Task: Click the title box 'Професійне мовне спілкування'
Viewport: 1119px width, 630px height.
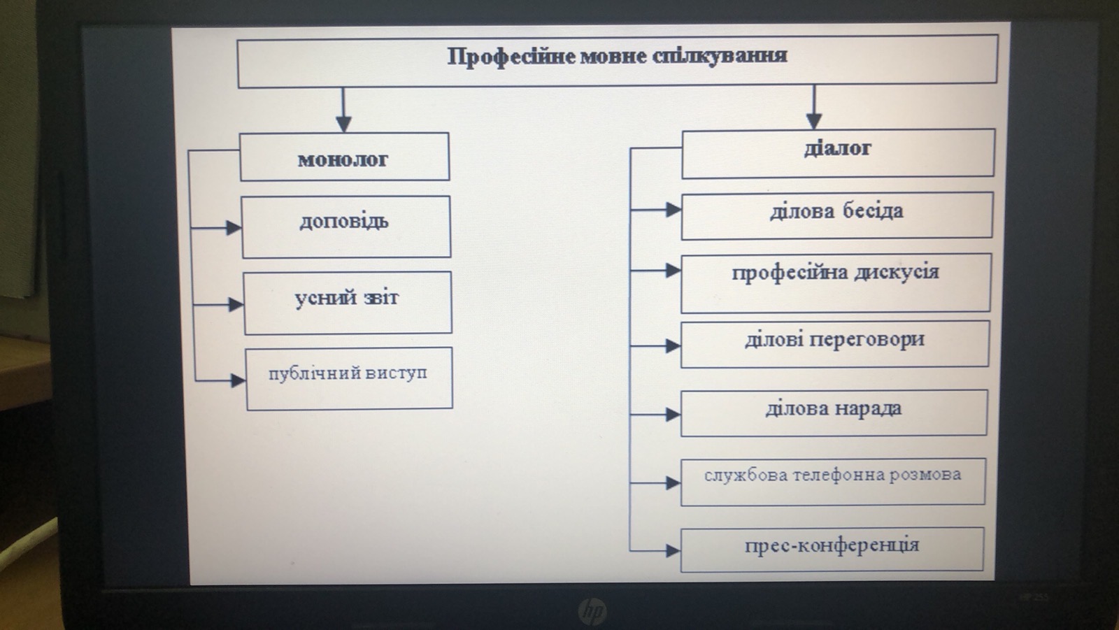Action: pyautogui.click(x=617, y=62)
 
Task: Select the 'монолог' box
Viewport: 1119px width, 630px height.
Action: pyautogui.click(x=344, y=157)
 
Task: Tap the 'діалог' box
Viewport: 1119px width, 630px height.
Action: pyautogui.click(x=837, y=152)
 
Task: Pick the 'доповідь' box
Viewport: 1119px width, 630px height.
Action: pyautogui.click(x=345, y=227)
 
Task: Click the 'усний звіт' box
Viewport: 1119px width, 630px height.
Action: pyautogui.click(x=347, y=303)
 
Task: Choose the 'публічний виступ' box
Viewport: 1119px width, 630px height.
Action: pyautogui.click(x=348, y=378)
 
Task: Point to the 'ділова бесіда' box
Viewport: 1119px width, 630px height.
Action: pyautogui.click(x=836, y=215)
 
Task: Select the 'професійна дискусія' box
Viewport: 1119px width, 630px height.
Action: pyautogui.click(x=836, y=282)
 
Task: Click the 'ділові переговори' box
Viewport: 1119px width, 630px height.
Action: pyautogui.click(x=834, y=344)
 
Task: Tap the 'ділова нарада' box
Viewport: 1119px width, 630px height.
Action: pyautogui.click(x=834, y=413)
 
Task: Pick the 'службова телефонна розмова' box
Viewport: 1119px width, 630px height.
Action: pyautogui.click(x=832, y=481)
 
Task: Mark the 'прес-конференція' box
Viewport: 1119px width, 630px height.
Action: pyautogui.click(x=832, y=550)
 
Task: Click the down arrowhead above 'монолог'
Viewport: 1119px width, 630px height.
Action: pyautogui.click(x=343, y=124)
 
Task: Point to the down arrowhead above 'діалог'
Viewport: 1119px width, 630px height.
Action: pyautogui.click(x=813, y=120)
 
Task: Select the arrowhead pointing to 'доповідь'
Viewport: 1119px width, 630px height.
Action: pyautogui.click(x=234, y=228)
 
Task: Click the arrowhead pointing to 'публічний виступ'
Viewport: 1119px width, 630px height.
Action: pyautogui.click(x=238, y=380)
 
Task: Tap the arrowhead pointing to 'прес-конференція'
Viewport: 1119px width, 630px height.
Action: pyautogui.click(x=673, y=551)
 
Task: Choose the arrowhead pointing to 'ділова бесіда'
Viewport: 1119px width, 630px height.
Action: pyautogui.click(x=673, y=209)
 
